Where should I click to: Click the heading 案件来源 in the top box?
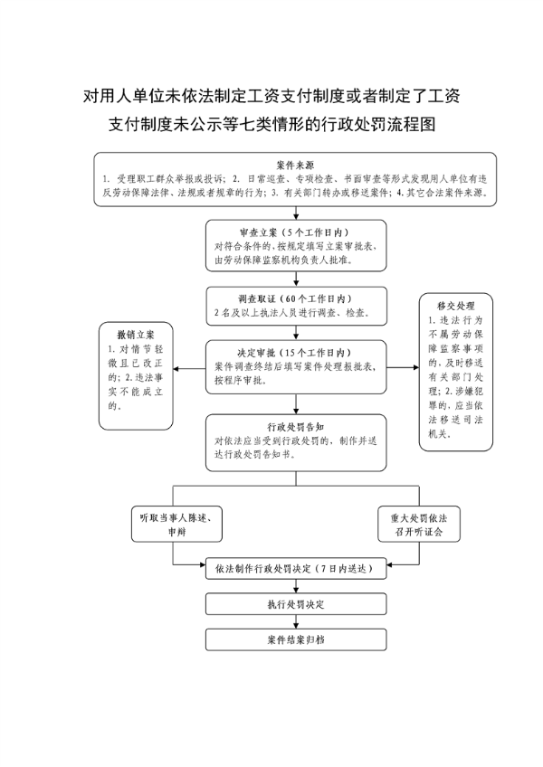pyautogui.click(x=295, y=165)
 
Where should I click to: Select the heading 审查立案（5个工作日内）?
pyautogui.click(x=295, y=232)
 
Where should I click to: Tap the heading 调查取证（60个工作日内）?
pyautogui.click(x=295, y=298)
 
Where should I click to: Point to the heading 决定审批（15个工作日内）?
pyautogui.click(x=295, y=353)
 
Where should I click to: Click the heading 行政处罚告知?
pyautogui.click(x=295, y=427)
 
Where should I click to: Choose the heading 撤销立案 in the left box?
pyautogui.click(x=136, y=335)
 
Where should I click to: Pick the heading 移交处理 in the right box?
pyautogui.click(x=456, y=307)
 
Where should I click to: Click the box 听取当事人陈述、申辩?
pyautogui.click(x=176, y=524)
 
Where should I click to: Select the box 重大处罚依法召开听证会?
pyautogui.click(x=419, y=524)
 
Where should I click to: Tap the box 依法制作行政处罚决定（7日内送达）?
pyautogui.click(x=296, y=568)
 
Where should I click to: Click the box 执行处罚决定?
pyautogui.click(x=296, y=604)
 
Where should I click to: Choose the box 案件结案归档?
pyautogui.click(x=296, y=639)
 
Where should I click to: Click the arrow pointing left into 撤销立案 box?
pyautogui.click(x=189, y=368)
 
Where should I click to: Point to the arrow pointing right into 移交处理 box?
pyautogui.click(x=403, y=367)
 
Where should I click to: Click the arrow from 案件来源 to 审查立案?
pyautogui.click(x=296, y=213)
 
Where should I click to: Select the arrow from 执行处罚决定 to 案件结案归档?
pyautogui.click(x=296, y=621)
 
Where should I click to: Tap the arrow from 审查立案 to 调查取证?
pyautogui.click(x=296, y=279)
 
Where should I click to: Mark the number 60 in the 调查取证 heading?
pyautogui.click(x=291, y=298)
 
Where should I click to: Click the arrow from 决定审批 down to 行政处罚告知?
pyautogui.click(x=296, y=404)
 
